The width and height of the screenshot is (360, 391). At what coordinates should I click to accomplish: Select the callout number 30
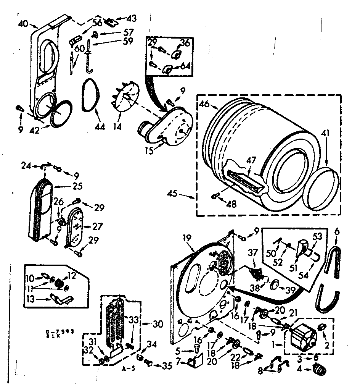click(x=158, y=324)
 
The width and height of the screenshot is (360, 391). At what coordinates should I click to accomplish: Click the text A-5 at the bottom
click(x=129, y=369)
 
